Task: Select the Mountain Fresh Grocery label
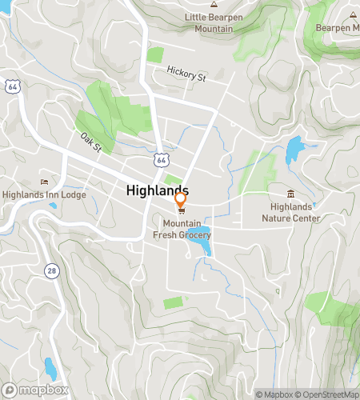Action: click(182, 230)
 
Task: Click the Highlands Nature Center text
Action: click(290, 212)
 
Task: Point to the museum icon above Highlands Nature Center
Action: click(290, 194)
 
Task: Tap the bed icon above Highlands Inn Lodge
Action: click(44, 182)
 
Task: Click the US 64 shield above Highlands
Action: click(162, 161)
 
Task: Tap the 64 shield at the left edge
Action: click(12, 85)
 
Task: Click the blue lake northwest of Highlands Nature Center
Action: click(294, 147)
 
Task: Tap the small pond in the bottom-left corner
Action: click(50, 369)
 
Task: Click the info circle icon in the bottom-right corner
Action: click(351, 380)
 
